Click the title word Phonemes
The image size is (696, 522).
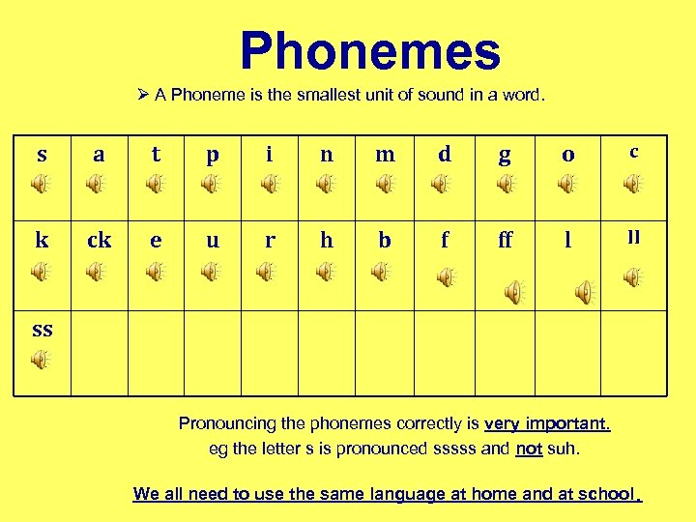point(370,52)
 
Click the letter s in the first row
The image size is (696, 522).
point(42,155)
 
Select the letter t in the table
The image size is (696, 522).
point(156,154)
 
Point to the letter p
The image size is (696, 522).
point(213,156)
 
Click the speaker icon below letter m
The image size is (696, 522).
point(384,183)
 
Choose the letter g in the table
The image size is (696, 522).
point(505,156)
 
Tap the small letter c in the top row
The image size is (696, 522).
point(633,152)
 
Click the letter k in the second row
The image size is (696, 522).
point(42,241)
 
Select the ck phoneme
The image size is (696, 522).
point(99,241)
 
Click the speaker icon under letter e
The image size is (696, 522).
point(155,273)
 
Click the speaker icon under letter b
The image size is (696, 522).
point(384,273)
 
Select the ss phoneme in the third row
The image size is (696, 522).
point(42,329)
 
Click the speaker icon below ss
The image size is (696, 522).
point(40,360)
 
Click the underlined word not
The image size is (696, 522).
point(529,449)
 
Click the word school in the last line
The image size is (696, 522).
point(607,494)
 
